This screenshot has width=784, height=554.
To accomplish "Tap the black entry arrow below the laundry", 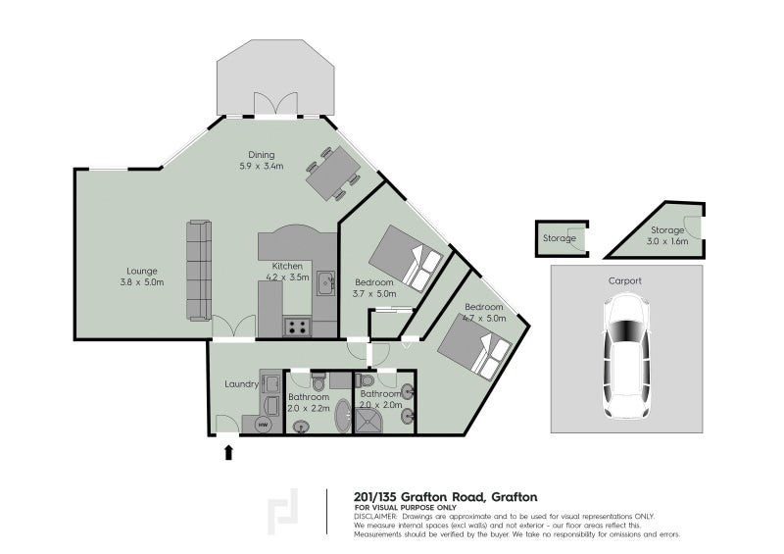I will [x=229, y=452].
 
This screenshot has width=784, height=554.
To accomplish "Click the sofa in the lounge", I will [x=198, y=270].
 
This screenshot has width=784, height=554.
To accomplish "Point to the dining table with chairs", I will [x=332, y=175].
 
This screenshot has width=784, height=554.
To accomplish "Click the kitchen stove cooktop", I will [x=297, y=327].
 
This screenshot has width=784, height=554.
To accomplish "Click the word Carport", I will [x=625, y=281].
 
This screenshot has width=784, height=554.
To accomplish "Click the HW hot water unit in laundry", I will [x=264, y=425].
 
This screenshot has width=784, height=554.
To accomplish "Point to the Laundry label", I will [x=240, y=384].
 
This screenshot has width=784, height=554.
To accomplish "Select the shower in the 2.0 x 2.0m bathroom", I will [x=371, y=417].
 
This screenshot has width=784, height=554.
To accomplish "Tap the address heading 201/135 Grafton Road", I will [x=444, y=496].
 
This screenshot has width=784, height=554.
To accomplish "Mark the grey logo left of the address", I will [x=285, y=512].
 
